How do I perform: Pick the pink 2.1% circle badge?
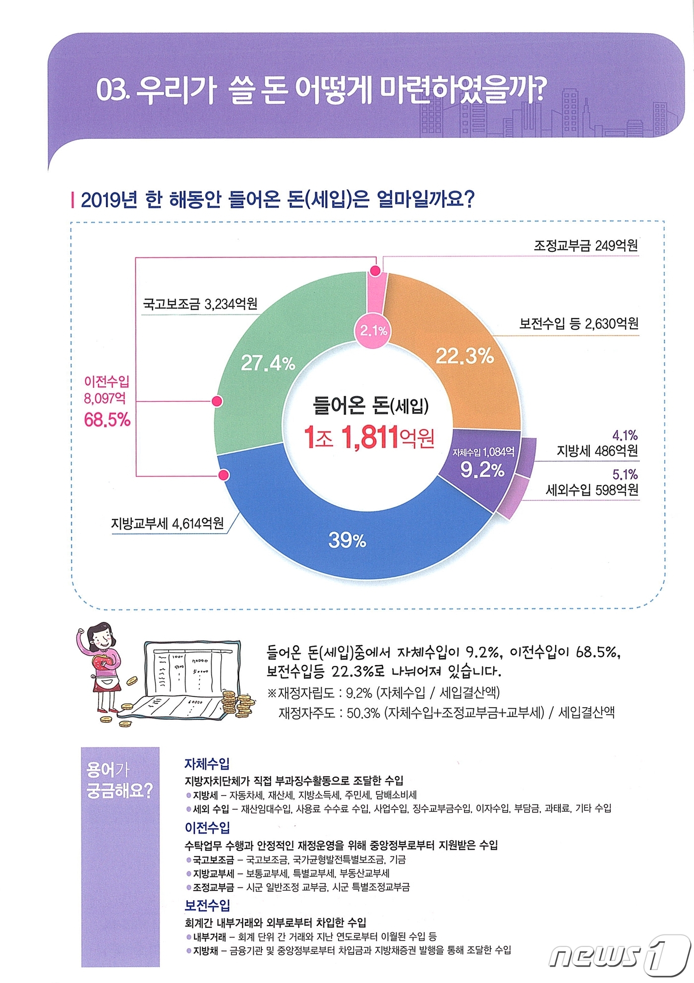[373, 330]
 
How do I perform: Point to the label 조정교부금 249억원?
[585, 246]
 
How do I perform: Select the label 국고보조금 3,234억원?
[200, 304]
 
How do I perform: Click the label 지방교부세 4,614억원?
[167, 523]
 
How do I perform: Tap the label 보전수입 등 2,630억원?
[578, 324]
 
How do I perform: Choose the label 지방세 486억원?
[597, 451]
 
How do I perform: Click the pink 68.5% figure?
[107, 420]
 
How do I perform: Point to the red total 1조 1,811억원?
[369, 437]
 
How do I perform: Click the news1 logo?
[620, 955]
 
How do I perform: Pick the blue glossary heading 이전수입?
[207, 827]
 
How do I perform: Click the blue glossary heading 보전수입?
[207, 906]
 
